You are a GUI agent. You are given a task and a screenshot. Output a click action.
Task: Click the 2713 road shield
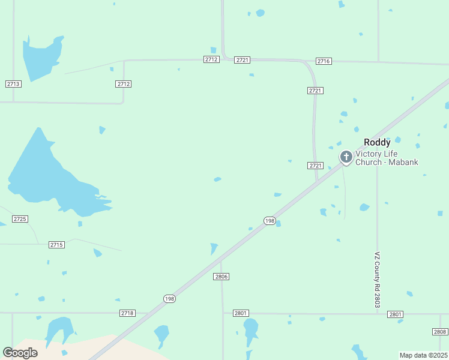pyautogui.click(x=13, y=84)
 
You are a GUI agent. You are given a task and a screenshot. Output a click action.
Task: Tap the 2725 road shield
pyautogui.click(x=20, y=219)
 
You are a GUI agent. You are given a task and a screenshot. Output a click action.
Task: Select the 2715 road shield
pyautogui.click(x=56, y=245)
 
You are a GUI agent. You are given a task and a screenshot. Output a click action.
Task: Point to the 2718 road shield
pyautogui.click(x=127, y=313)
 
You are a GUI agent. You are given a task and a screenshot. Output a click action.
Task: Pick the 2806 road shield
pyautogui.click(x=221, y=277)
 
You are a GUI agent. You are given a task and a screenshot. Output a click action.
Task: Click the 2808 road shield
pyautogui.click(x=439, y=332)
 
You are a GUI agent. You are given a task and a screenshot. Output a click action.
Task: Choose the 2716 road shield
pyautogui.click(x=324, y=61)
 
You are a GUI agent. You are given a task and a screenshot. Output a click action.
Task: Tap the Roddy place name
pyautogui.click(x=377, y=143)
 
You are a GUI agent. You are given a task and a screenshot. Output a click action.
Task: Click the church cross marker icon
pyautogui.click(x=346, y=157)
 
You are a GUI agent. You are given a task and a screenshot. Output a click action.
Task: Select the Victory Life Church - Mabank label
pyautogui.click(x=387, y=158)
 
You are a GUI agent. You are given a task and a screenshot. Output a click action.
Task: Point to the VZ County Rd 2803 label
pyautogui.click(x=378, y=280)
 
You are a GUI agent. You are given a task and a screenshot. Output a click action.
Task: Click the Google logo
pyautogui.click(x=20, y=353)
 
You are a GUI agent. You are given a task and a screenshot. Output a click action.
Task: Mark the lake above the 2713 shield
pyautogui.click(x=40, y=56)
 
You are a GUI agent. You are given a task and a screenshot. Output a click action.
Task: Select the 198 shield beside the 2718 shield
pyautogui.click(x=170, y=299)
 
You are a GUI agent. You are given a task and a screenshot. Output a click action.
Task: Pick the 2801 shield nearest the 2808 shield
pyautogui.click(x=395, y=314)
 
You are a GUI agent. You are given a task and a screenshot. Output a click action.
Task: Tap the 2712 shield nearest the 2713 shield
pyautogui.click(x=124, y=84)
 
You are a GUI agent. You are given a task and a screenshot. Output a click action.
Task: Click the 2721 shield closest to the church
pyautogui.click(x=316, y=166)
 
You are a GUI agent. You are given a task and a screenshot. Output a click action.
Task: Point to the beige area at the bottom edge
pyautogui.click(x=72, y=349)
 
